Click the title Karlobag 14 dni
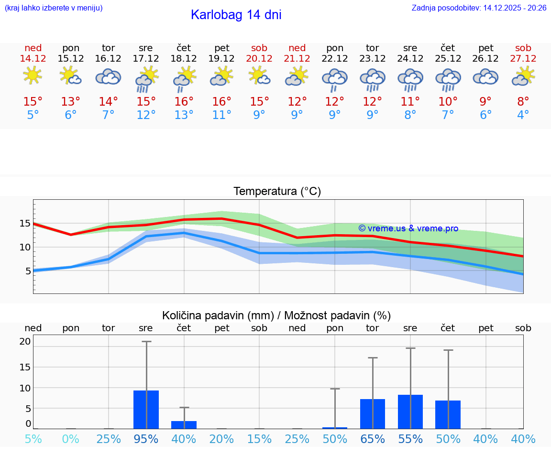236,15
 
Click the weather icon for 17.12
146,78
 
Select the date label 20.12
259,58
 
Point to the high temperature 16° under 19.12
221,101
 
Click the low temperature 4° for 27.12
523,115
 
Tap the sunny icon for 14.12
33,76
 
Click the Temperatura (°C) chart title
277,192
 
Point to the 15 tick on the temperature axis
25,223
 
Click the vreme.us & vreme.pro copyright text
408,228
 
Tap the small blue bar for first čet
184,425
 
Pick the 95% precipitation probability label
146,439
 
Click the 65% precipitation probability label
372,439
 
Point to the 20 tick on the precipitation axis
25,341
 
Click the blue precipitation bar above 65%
373,414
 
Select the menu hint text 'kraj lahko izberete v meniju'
54,8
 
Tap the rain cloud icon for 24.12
410,79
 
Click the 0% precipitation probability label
70,439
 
